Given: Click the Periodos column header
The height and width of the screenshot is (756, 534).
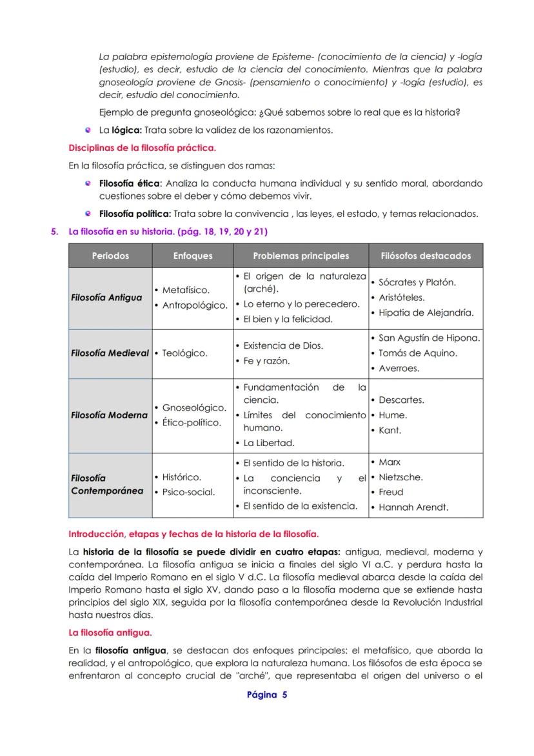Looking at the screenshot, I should point(110,256).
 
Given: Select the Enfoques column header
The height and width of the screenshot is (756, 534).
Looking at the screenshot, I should point(193,256).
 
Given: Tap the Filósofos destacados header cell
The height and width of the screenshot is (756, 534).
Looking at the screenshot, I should point(426,256).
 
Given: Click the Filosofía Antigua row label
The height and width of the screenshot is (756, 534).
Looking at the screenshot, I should point(107,298).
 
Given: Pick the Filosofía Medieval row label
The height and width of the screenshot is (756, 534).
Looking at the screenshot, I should point(110,353).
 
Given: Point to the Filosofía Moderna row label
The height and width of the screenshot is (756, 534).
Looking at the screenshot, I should point(110,415).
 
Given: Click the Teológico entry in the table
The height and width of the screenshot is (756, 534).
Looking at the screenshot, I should point(184,353).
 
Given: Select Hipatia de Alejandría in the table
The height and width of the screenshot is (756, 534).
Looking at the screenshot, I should point(426,313).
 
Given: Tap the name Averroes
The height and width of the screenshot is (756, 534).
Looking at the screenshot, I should point(399,369).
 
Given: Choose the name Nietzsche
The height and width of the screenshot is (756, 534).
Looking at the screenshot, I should point(400,477).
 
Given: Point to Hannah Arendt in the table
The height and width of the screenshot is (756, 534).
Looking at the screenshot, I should point(413,507).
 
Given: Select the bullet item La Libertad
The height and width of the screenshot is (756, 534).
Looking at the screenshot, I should point(268,443).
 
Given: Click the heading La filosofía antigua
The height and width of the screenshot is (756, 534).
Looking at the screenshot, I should point(110,633).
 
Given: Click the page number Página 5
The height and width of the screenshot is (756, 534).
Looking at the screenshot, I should point(267,695).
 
